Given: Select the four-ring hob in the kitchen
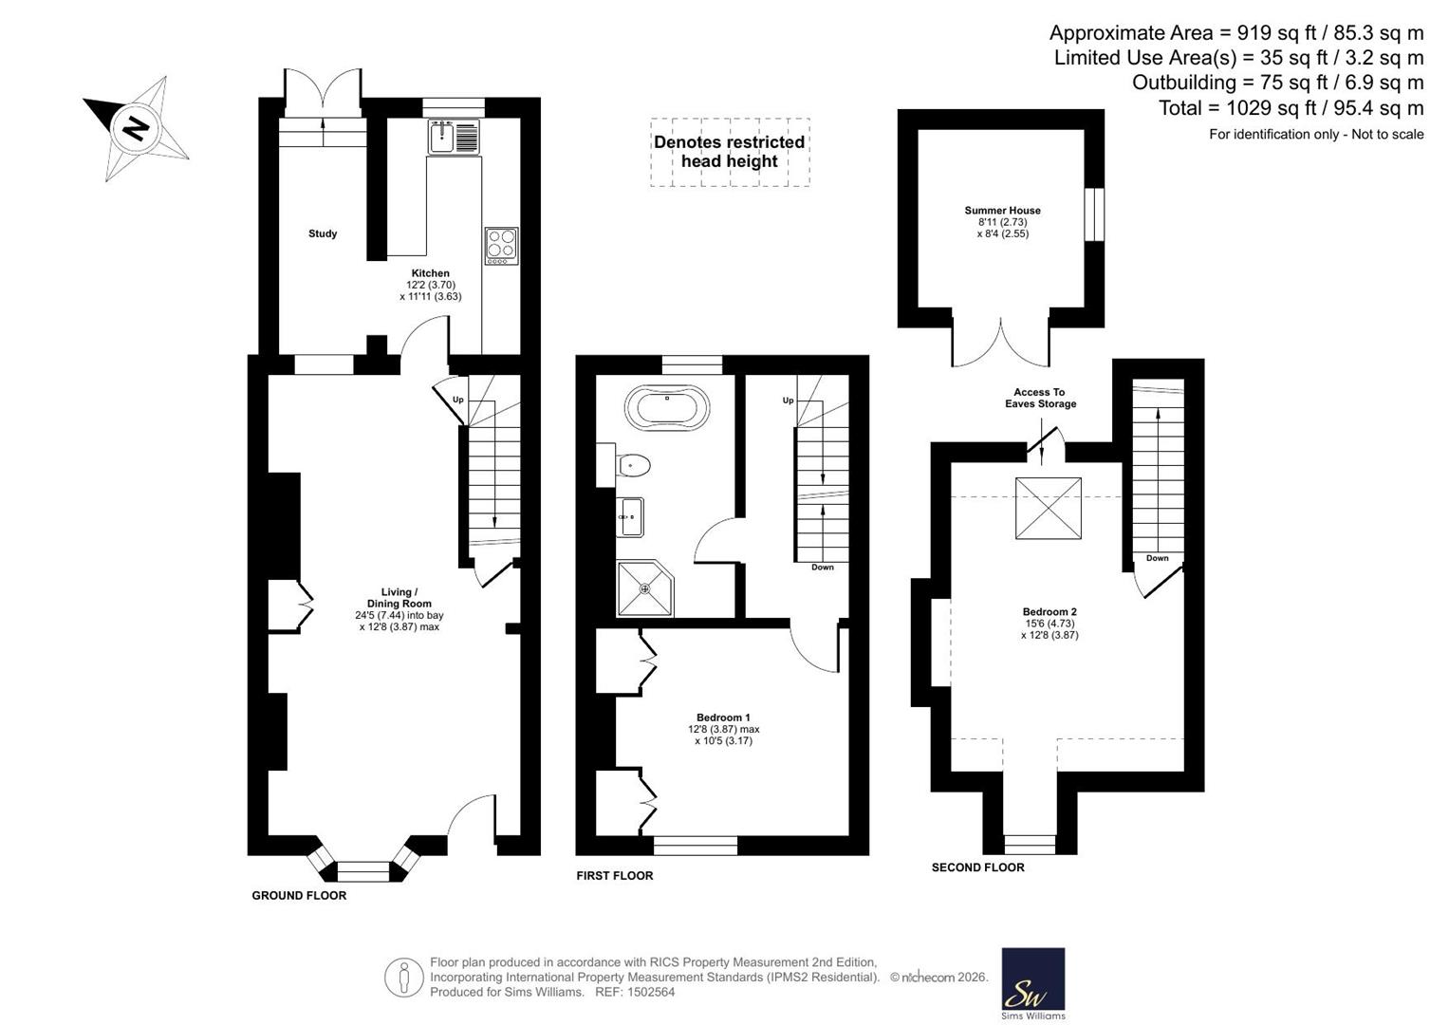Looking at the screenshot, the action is (502, 246).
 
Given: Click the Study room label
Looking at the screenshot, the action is (323, 233).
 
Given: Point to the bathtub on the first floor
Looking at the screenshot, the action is (667, 407).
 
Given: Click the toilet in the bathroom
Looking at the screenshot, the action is (627, 465).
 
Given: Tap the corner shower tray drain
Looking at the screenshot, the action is (645, 588).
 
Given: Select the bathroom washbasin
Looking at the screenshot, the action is (629, 517).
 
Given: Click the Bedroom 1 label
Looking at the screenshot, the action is (723, 717).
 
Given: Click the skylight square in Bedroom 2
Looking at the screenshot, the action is (1049, 508).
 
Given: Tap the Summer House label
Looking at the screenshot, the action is (1003, 211).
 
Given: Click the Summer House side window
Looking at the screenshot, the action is (1094, 214).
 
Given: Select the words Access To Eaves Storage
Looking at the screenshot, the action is (1040, 398).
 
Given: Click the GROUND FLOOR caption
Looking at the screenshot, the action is (299, 896).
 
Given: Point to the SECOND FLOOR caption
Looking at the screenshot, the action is (978, 867).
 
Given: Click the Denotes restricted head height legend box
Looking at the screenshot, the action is (730, 152).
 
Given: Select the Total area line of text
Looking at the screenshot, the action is (1291, 107).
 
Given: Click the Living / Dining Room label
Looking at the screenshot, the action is (399, 597).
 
